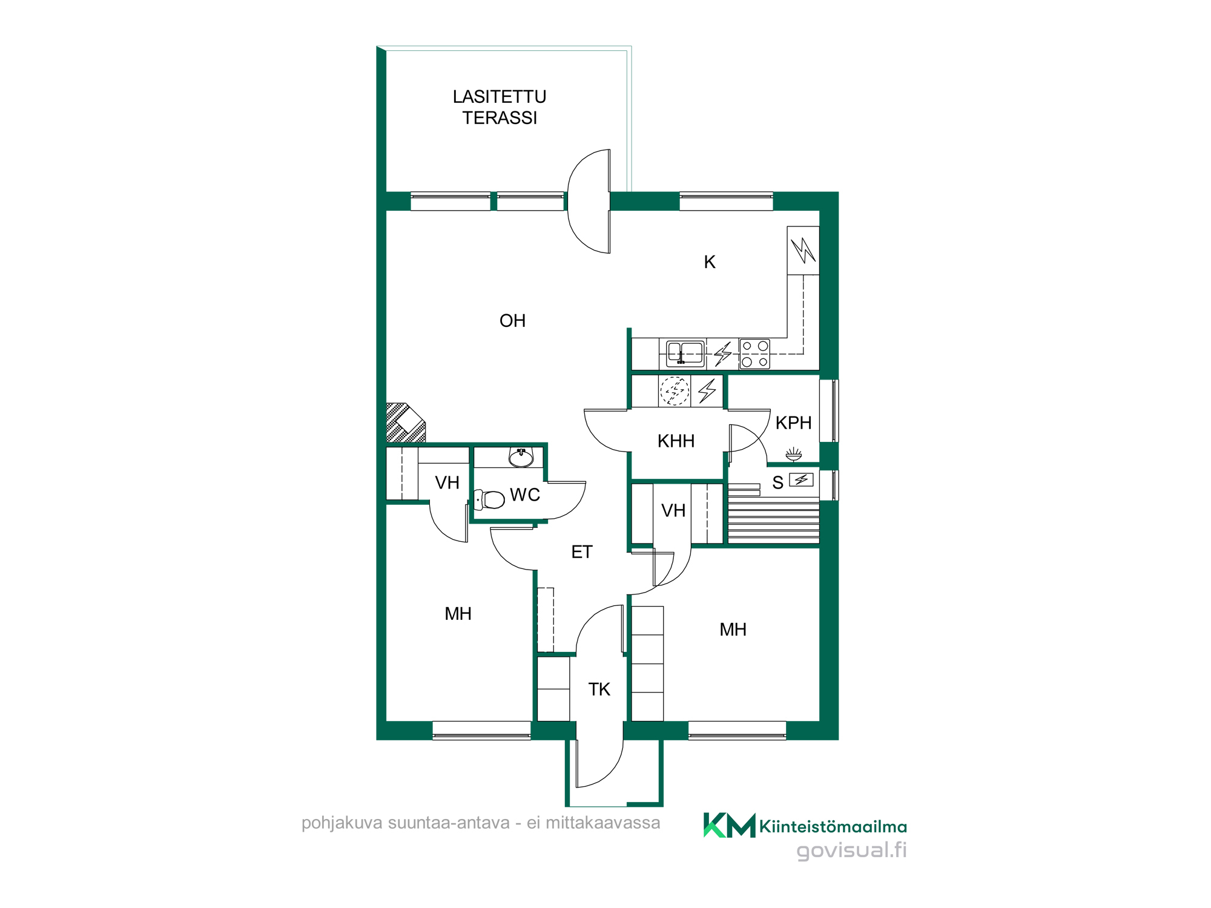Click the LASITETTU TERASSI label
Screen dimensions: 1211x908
tap(500, 107)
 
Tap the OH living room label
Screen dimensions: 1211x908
tap(512, 321)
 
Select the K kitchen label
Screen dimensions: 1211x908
tap(710, 262)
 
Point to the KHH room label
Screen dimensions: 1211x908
tap(676, 441)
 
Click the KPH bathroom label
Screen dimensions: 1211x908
tap(793, 423)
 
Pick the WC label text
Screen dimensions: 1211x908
tap(524, 495)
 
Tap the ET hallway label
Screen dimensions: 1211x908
tap(582, 552)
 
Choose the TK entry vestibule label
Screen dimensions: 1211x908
tap(599, 689)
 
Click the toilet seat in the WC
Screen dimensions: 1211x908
tap(490, 499)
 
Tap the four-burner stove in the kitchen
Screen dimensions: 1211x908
tap(754, 354)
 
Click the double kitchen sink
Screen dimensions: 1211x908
tap(685, 354)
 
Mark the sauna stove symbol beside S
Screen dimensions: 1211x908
tap(801, 479)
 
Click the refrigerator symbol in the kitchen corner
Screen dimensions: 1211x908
tap(803, 251)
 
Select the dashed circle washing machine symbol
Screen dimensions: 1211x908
tap(675, 391)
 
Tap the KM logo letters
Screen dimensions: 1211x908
tap(729, 825)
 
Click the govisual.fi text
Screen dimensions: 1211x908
tap(851, 850)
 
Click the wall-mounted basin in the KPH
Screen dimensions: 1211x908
tap(793, 454)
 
